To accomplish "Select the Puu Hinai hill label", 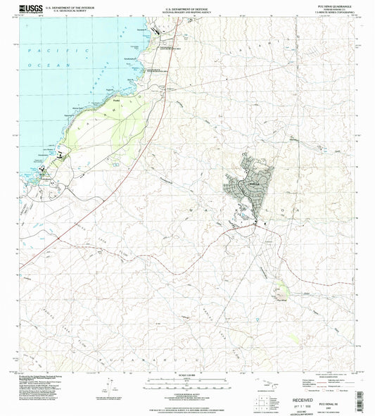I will pyautogui.click(x=281, y=299).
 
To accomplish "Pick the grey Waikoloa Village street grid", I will pyautogui.click(x=250, y=184).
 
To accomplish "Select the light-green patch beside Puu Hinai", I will pyautogui.click(x=281, y=288).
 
